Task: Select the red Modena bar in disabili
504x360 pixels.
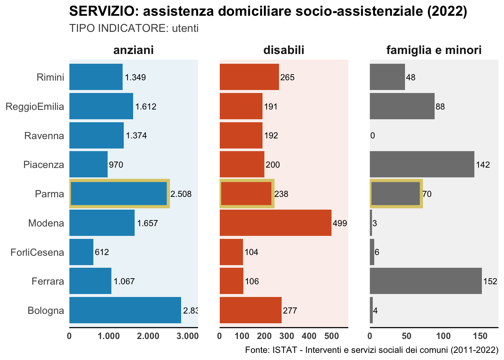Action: tap(275, 223)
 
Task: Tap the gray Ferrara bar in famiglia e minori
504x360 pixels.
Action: tap(426, 281)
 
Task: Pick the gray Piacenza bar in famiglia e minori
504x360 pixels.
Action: tap(422, 164)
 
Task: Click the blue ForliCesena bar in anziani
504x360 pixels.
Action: tap(81, 252)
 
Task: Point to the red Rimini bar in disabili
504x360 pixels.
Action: tap(249, 77)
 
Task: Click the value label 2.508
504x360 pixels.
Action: tap(181, 194)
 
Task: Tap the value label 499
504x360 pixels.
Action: tap(340, 223)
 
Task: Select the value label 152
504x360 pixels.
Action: tap(490, 282)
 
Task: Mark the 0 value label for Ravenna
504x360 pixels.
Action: tap(372, 136)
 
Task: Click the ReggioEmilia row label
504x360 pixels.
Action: tap(35, 106)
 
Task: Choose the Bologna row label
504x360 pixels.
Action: tap(46, 310)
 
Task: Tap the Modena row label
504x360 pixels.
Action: tap(46, 223)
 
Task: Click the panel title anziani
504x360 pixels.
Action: tap(133, 50)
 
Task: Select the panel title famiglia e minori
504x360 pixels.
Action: tap(434, 50)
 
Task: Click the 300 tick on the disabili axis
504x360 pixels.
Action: tap(287, 336)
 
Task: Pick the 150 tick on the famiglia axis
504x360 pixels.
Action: tap(480, 336)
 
